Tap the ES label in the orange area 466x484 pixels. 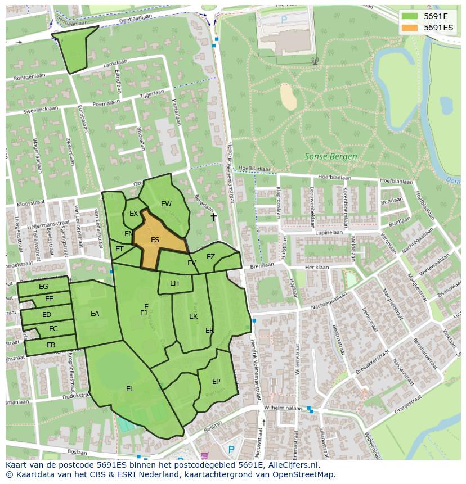(x=155, y=240)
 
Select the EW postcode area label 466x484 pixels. (x=166, y=204)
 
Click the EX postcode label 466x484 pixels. (x=134, y=214)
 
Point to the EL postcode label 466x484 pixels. (x=130, y=388)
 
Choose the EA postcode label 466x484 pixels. (x=95, y=314)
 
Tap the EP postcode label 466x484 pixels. (x=216, y=381)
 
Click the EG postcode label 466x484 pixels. (x=43, y=287)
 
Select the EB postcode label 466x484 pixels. (x=51, y=345)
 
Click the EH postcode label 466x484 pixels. (x=174, y=283)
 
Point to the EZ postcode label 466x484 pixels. (x=210, y=257)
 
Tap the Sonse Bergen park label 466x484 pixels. (x=330, y=156)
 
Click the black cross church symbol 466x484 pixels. (x=213, y=217)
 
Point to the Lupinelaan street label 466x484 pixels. (x=329, y=232)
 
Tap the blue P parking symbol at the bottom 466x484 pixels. (x=231, y=450)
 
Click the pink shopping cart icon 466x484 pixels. (x=204, y=455)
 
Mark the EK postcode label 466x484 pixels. (x=193, y=316)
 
